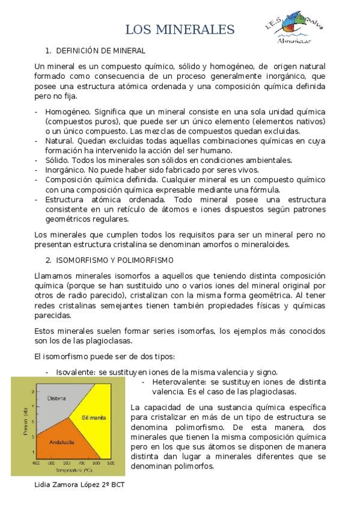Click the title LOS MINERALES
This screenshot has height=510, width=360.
click(180, 29)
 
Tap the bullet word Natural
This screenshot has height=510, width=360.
click(58, 140)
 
